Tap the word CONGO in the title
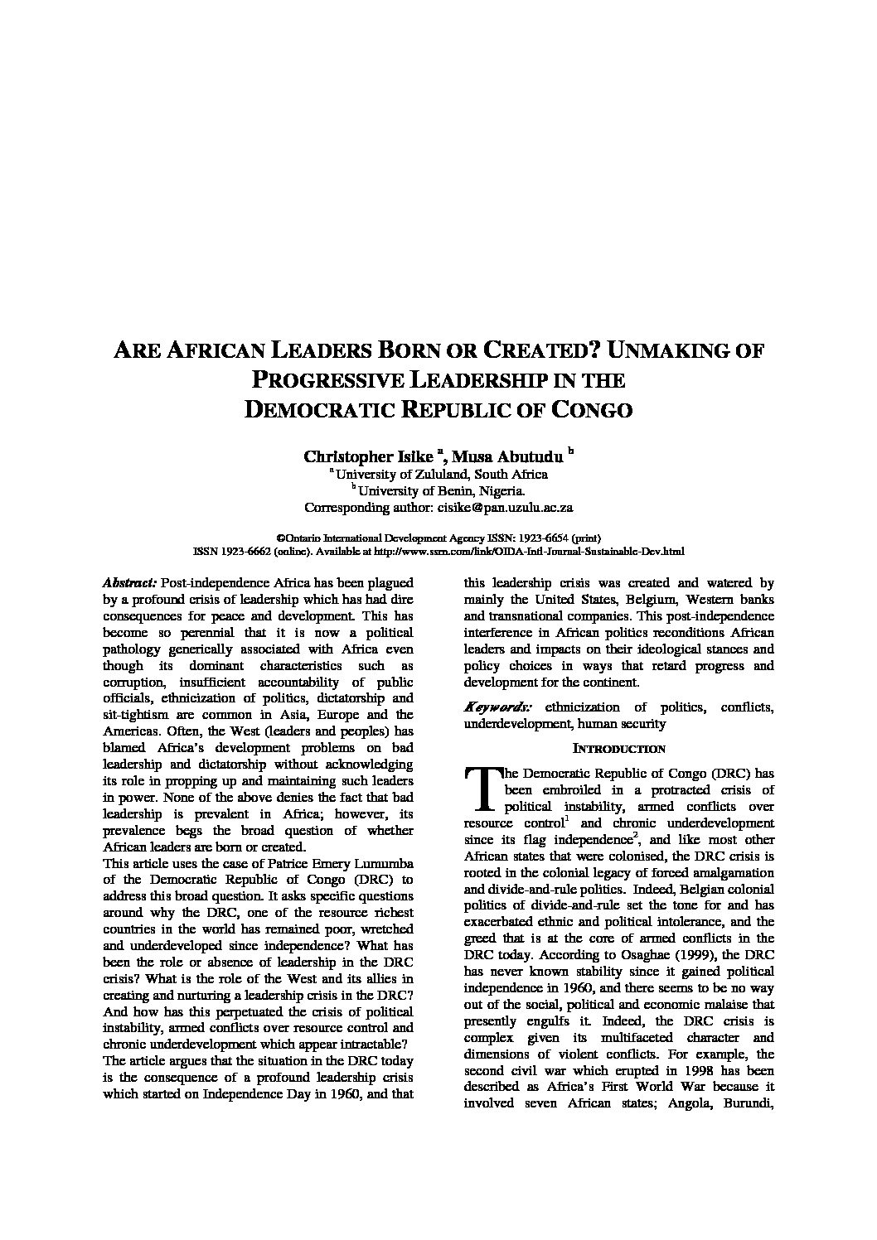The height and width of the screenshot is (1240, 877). [592, 410]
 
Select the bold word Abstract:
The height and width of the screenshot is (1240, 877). [130, 584]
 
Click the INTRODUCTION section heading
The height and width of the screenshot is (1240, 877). [619, 749]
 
